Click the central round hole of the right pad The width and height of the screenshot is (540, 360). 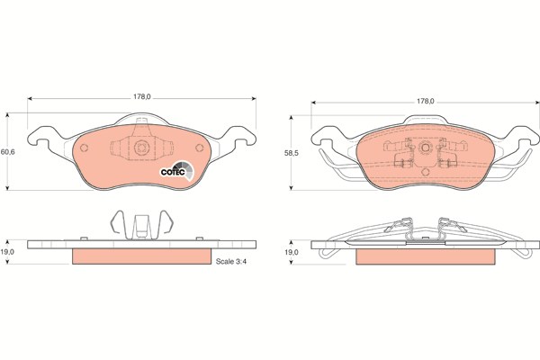(x=423, y=147)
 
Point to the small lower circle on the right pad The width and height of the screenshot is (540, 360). (x=423, y=171)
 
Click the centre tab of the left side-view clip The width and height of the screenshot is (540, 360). (x=140, y=225)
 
